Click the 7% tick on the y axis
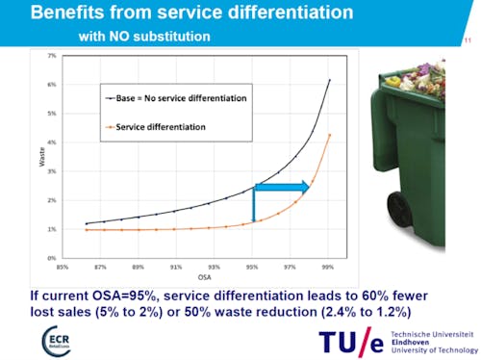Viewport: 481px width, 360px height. (x=52, y=56)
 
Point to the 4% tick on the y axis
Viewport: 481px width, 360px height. (x=52, y=142)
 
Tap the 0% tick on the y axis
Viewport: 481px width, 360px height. (x=52, y=258)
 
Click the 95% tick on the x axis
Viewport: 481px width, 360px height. (x=252, y=267)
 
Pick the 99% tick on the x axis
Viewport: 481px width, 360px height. (x=328, y=267)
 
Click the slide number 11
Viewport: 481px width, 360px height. (x=468, y=40)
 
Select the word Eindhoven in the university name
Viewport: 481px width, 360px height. (x=415, y=340)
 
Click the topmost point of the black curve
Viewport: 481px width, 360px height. (x=329, y=80)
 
